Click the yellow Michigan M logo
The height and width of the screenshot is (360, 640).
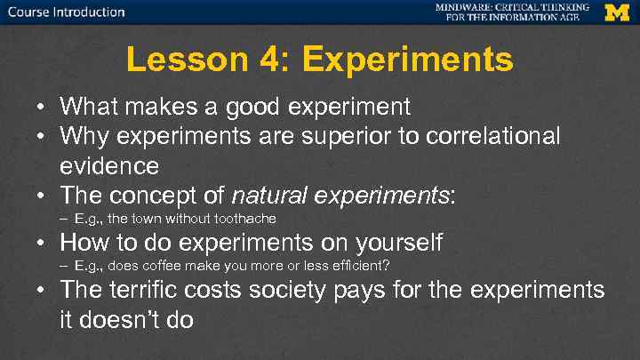(x=616, y=12)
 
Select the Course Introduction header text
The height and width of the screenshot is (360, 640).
(x=67, y=12)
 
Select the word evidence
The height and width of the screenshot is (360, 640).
(x=109, y=165)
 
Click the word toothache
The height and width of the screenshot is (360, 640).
(x=246, y=218)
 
